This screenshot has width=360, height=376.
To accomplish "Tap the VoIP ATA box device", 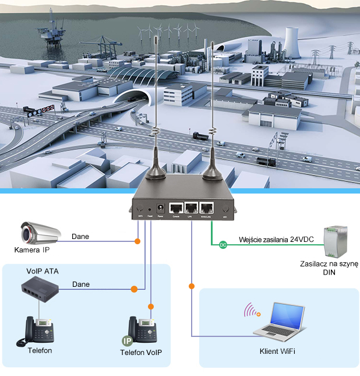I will (40, 287).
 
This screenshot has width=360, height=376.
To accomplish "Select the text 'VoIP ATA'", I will (43, 271).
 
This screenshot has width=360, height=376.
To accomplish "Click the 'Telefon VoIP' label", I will (140, 353).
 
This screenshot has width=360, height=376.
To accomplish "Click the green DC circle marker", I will (222, 245).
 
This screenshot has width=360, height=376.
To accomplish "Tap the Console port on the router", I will (176, 208).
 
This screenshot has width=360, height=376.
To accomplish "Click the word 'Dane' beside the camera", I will (80, 237).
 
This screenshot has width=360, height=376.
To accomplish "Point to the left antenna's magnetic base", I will (158, 168).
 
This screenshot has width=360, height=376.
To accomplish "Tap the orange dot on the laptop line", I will (191, 286).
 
